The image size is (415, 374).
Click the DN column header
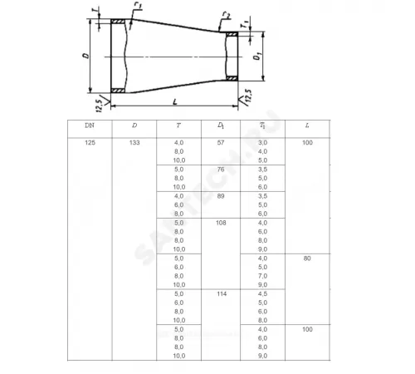[x=89, y=125]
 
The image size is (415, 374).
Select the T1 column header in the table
[x=262, y=125]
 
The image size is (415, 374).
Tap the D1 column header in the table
[x=221, y=125]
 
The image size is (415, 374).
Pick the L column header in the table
[x=308, y=125]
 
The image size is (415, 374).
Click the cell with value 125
[x=89, y=144]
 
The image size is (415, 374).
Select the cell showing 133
[x=134, y=144]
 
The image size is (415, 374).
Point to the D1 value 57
[x=221, y=144]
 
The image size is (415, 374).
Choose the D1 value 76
[x=221, y=170]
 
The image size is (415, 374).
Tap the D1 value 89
[x=221, y=195]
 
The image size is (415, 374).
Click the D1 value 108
[x=221, y=222]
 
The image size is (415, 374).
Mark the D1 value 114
[x=221, y=294]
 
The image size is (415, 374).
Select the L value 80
[x=308, y=258]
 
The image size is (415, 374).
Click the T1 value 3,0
[x=262, y=144]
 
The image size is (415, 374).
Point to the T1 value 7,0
[x=262, y=275]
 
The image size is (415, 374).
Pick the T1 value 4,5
[x=262, y=294]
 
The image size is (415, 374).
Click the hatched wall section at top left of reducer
[x=120, y=22]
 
